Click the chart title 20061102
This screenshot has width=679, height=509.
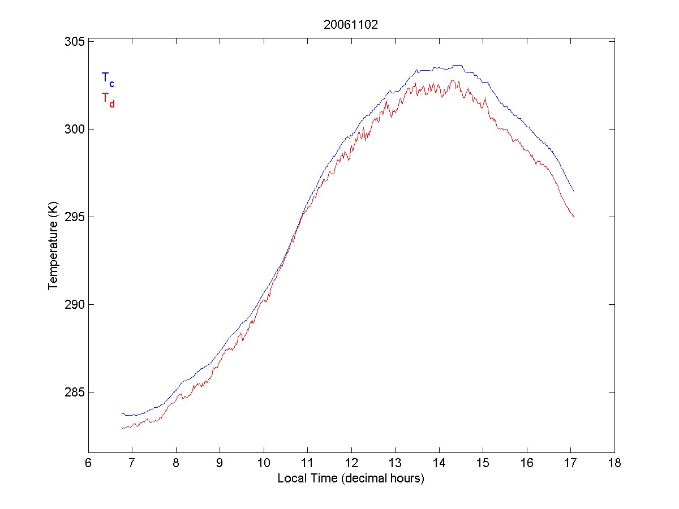pyautogui.click(x=351, y=25)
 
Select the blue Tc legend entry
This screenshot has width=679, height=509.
pyautogui.click(x=108, y=79)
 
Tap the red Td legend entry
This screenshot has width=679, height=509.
pyautogui.click(x=108, y=99)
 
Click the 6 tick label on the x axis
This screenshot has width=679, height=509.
pyautogui.click(x=88, y=463)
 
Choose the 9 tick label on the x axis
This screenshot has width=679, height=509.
pyautogui.click(x=220, y=463)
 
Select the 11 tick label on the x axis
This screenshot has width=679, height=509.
pyautogui.click(x=307, y=463)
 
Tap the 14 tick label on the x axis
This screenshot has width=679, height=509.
pyautogui.click(x=439, y=463)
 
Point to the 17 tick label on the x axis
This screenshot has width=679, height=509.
pyautogui.click(x=570, y=463)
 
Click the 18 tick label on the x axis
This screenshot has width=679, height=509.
pyautogui.click(x=614, y=463)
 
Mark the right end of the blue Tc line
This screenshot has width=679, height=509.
pyautogui.click(x=574, y=191)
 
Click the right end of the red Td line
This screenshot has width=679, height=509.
pyautogui.click(x=574, y=217)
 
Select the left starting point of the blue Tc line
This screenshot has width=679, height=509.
pyautogui.click(x=122, y=414)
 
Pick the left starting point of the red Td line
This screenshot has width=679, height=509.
pyautogui.click(x=122, y=428)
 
